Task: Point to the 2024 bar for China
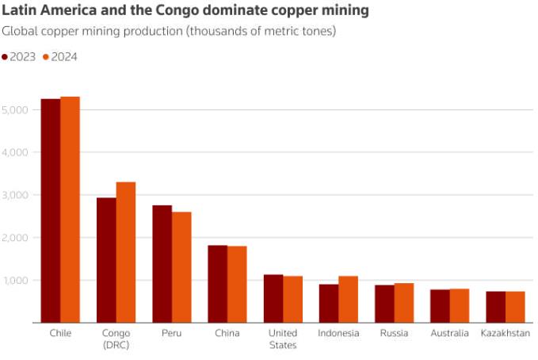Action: [237, 285]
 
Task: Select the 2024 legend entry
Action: [59, 57]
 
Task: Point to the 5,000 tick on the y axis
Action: [16, 109]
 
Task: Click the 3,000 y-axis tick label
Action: [16, 195]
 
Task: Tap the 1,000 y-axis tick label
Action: [16, 281]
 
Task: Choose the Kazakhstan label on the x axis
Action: [505, 334]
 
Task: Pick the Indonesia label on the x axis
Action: [338, 334]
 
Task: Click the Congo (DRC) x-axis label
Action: [116, 339]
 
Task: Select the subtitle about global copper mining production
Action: [170, 32]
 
